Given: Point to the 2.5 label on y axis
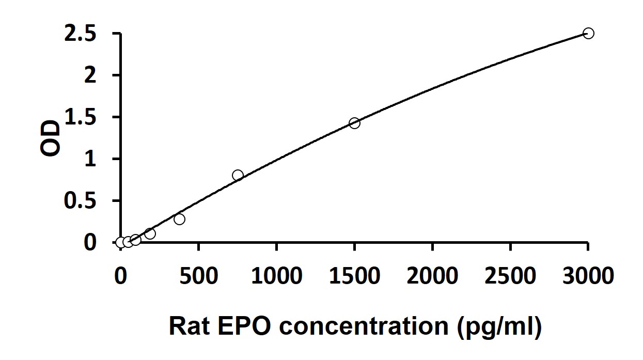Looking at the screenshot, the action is coord(80,34).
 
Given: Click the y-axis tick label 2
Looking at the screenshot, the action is coord(90,75).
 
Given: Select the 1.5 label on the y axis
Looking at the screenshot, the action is coord(81,117).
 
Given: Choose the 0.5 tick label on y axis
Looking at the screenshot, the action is coord(80,201).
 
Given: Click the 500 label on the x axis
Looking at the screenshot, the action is coord(199,276).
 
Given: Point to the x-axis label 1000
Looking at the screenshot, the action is coord(277,276).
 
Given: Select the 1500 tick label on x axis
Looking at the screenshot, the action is coord(355,276).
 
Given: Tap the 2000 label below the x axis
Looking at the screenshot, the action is coord(433,276).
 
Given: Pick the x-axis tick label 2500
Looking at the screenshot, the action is coord(510,276).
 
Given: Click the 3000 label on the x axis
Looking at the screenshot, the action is coord(588,276).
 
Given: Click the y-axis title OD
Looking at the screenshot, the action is coord(51,138).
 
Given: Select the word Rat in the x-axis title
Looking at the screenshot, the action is coord(190,326).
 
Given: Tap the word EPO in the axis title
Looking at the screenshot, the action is coord(244,326).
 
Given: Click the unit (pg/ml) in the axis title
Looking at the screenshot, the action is coord(499,327).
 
